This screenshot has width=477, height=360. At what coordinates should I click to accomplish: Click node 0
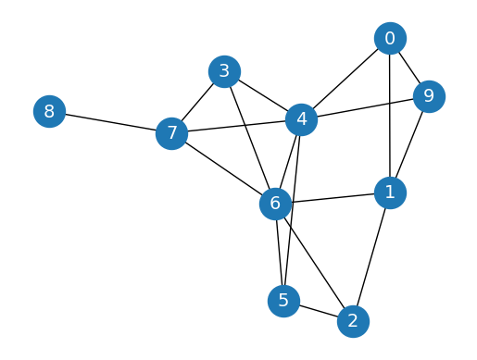[390, 39]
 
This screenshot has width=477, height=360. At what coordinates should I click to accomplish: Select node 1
[390, 192]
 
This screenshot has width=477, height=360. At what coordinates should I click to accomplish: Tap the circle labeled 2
[353, 321]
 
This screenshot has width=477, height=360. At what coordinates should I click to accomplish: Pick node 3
[224, 71]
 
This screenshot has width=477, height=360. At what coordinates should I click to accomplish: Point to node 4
[301, 119]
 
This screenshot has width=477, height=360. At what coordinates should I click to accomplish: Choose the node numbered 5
[283, 301]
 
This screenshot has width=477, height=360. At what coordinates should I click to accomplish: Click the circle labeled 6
[275, 204]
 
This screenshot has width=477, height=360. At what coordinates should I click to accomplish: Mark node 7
[170, 133]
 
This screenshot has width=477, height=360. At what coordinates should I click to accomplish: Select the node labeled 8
[49, 113]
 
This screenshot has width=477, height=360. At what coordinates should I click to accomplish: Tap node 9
[428, 96]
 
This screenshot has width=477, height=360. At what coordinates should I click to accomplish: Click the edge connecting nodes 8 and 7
[109, 123]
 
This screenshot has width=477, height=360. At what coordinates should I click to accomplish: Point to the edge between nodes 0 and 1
[390, 116]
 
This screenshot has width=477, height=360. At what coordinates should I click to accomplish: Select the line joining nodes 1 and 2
[371, 257]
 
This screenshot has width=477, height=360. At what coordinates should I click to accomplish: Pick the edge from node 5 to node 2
[318, 311]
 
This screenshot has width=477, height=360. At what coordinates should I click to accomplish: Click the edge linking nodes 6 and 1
[333, 198]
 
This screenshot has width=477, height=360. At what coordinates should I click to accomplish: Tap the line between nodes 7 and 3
[197, 102]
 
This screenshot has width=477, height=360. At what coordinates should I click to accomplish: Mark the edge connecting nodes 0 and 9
[409, 68]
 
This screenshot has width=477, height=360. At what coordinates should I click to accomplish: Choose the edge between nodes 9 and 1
[409, 144]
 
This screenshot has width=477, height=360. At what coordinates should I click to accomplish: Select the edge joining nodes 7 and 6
[222, 168]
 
